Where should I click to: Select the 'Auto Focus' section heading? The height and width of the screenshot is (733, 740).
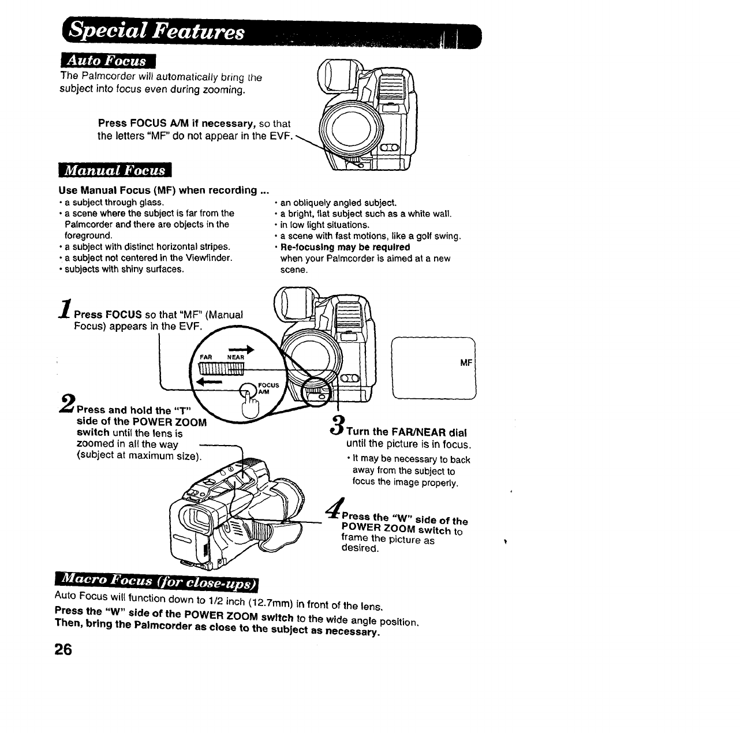(107, 61)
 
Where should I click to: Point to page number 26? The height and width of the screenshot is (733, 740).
(63, 649)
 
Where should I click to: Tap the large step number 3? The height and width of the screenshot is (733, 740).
(337, 422)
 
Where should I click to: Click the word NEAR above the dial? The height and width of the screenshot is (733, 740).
(235, 357)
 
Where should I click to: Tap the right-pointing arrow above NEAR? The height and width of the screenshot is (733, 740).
(242, 349)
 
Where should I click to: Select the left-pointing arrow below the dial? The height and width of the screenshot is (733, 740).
(210, 382)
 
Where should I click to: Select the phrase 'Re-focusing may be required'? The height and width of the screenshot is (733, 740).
(345, 247)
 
